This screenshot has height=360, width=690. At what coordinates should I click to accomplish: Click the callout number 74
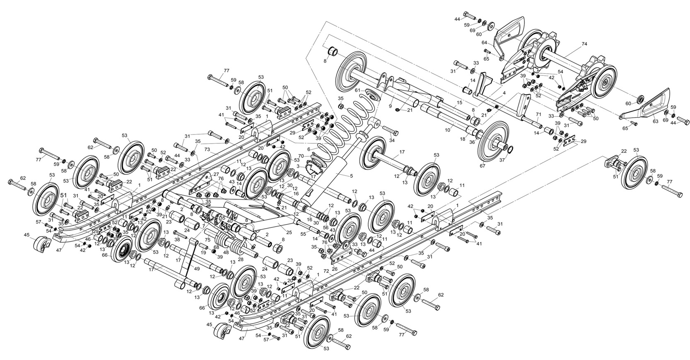coord(584,43)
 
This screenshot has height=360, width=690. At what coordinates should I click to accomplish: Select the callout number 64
coord(484,43)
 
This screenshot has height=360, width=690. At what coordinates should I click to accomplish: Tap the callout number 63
coord(655,121)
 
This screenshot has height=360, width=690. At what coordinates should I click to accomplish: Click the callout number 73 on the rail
coord(207,149)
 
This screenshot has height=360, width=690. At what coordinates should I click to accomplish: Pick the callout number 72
coord(326,271)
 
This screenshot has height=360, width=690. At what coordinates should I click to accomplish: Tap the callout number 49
coord(196,268)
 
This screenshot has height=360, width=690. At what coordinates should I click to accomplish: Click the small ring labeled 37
coord(510,149)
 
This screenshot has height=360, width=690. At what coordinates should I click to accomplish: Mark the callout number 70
coord(302,156)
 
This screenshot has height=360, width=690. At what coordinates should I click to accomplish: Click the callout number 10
coord(447,130)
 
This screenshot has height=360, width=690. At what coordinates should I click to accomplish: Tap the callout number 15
coord(459,102)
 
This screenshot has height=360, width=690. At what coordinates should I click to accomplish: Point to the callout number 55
coord(304,234)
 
